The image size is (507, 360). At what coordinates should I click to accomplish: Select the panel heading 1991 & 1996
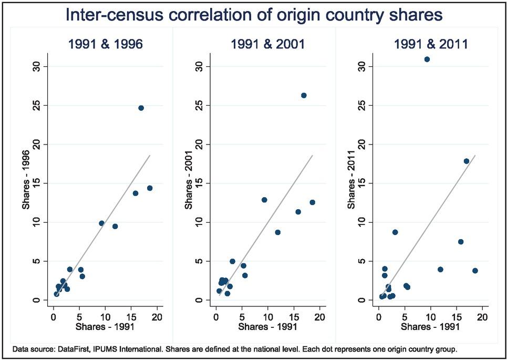(x=105, y=44)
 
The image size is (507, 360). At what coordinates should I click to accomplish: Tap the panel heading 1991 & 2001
(x=267, y=44)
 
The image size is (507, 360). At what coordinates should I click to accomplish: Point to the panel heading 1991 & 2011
(x=431, y=44)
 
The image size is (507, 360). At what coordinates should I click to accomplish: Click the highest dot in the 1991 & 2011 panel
(x=427, y=59)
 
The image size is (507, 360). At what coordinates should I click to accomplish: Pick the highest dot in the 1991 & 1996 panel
(x=141, y=108)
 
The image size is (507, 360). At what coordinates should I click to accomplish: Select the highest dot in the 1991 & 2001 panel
(x=304, y=95)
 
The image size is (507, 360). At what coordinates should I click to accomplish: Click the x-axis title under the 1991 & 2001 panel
(x=267, y=327)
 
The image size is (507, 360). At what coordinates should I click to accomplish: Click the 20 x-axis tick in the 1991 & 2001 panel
(x=319, y=317)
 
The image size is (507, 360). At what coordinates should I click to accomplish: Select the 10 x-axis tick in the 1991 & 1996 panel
(x=105, y=317)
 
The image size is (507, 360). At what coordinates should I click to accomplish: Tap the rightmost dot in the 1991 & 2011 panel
(x=475, y=271)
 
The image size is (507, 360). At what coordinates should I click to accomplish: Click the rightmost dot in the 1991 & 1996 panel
(x=150, y=188)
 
